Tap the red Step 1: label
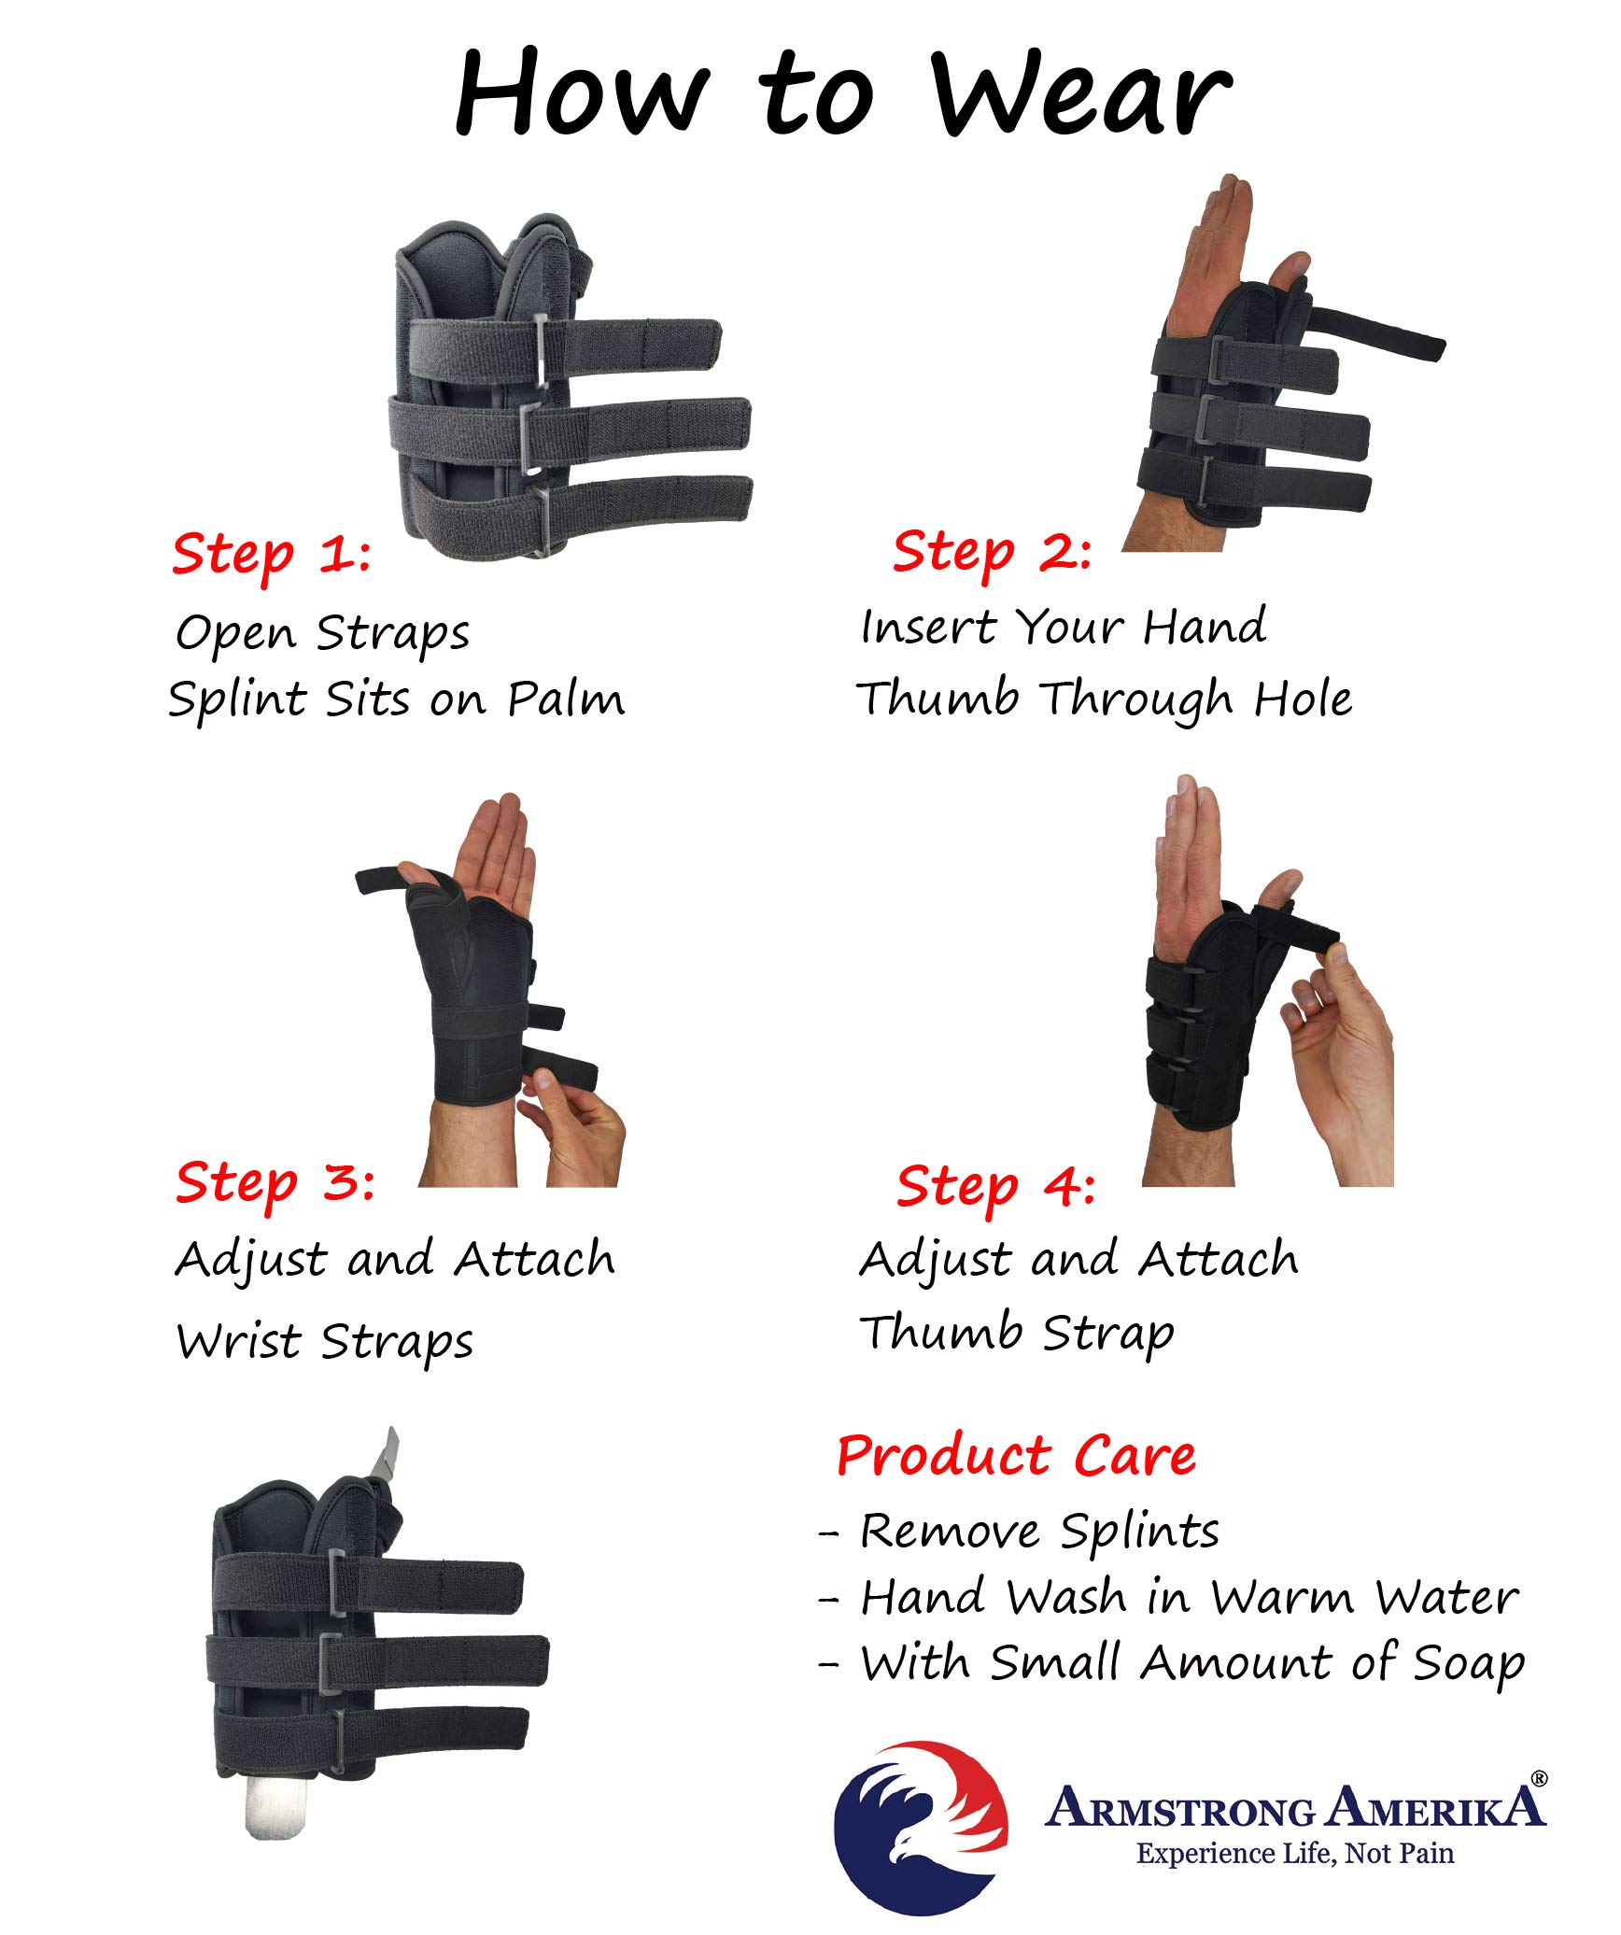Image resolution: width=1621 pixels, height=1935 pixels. [271, 554]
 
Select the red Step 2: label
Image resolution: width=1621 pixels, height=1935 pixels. [992, 551]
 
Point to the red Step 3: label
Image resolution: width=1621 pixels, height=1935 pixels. [275, 1182]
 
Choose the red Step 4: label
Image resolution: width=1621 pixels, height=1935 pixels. [995, 1186]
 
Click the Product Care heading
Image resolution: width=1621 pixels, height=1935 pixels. [1016, 1456]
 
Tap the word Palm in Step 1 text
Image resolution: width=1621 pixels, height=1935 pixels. [566, 699]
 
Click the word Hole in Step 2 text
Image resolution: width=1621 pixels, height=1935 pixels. [1302, 699]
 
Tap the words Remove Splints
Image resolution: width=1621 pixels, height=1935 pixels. [1038, 1532]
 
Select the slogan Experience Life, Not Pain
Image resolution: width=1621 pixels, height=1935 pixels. [1294, 1854]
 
